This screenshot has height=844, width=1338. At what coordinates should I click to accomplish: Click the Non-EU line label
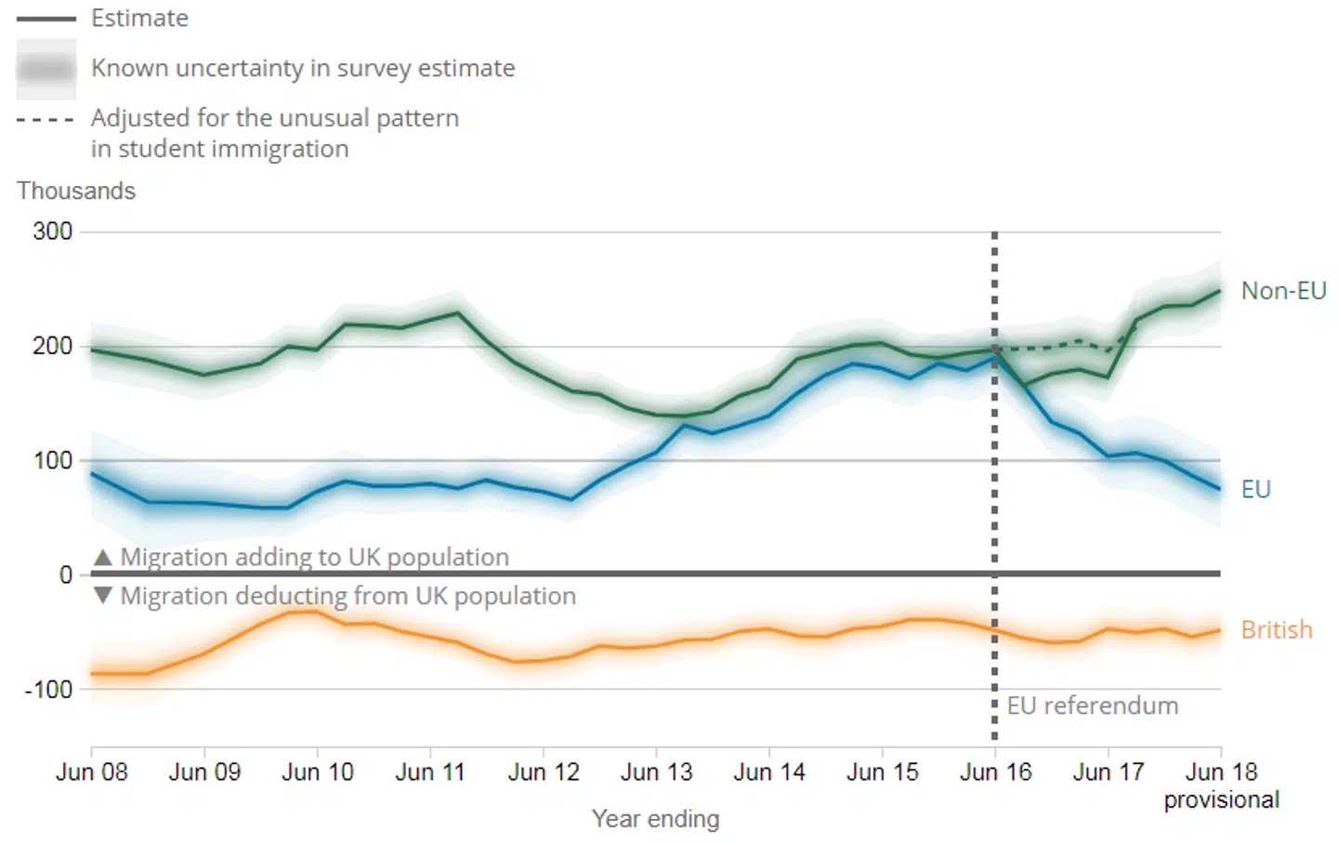coord(1283,291)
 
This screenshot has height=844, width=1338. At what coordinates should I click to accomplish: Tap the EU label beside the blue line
coord(1255,490)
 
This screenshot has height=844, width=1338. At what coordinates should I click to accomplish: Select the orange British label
coord(1276,630)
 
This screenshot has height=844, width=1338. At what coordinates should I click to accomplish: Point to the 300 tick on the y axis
coord(53,231)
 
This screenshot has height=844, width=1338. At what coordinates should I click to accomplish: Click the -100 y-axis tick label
coord(48,690)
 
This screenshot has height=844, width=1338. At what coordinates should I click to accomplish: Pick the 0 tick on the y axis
coord(65,575)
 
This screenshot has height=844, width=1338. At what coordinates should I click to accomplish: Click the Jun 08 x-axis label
coord(91,772)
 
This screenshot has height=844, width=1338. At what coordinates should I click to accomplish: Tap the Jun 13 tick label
coord(656,772)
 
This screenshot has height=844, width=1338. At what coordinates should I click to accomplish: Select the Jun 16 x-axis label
coord(995,772)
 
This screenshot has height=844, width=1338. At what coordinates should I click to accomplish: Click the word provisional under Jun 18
coord(1221,800)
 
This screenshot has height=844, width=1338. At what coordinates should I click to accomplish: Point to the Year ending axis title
coord(655,819)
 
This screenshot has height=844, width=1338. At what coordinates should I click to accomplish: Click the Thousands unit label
coord(76,191)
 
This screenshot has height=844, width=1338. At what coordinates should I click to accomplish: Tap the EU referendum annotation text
coord(1092,706)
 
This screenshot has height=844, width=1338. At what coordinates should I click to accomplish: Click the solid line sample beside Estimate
coord(46,19)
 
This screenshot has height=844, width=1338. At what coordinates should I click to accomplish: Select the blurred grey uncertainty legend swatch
coord(46,70)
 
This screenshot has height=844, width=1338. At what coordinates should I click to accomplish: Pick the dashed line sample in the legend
coord(46,120)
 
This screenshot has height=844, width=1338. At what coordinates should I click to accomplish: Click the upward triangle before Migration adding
coord(103,557)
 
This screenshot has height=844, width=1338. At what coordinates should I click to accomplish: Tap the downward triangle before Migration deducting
coord(103,595)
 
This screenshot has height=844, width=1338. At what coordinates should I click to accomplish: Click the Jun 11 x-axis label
coord(429,772)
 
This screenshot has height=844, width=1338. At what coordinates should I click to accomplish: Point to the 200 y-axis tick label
coord(53,347)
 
